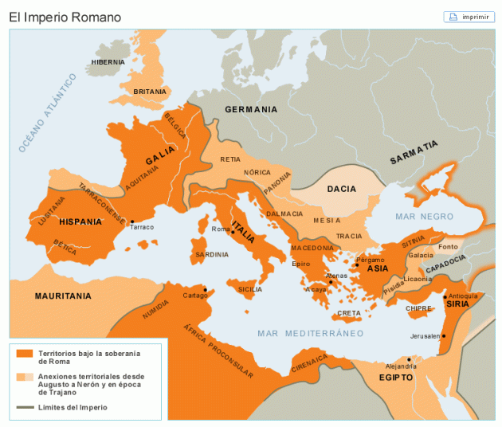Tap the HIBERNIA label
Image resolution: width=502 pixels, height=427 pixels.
(x=108, y=62)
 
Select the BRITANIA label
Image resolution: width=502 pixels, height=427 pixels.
(x=149, y=92)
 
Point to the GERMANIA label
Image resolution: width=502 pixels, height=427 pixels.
(x=250, y=110)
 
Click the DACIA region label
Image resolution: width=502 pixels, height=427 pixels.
(x=341, y=189)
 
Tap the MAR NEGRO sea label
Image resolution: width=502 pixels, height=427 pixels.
(x=424, y=217)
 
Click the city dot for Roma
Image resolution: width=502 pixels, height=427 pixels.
(x=233, y=233)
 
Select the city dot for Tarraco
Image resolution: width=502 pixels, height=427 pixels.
(x=132, y=221)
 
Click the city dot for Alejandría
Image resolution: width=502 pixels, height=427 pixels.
(x=409, y=359)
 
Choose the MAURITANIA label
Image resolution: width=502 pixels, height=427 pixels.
(x=63, y=296)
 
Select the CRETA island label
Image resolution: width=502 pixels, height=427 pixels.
(x=348, y=313)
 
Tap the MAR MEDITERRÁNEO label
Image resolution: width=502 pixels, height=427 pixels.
(x=310, y=333)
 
